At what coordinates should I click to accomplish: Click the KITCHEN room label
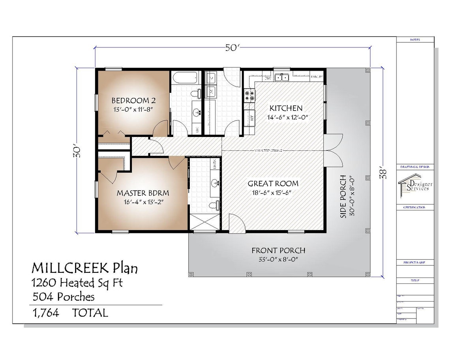(x=286, y=108)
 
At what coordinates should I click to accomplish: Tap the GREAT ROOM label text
(x=273, y=184)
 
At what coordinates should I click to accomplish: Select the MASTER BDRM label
(x=143, y=193)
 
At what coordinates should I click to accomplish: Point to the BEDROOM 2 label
(x=130, y=100)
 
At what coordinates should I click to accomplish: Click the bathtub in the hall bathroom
(x=185, y=77)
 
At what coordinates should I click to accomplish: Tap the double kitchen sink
(x=281, y=77)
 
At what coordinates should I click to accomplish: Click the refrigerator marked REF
(x=249, y=117)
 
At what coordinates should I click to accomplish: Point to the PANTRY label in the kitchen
(x=317, y=77)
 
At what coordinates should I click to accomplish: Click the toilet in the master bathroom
(x=213, y=205)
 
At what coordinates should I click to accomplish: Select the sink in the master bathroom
(x=215, y=183)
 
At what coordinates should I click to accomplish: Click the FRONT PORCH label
(x=278, y=250)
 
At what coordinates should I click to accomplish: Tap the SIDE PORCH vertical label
(x=343, y=196)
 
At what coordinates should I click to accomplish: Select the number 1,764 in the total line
(x=45, y=313)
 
